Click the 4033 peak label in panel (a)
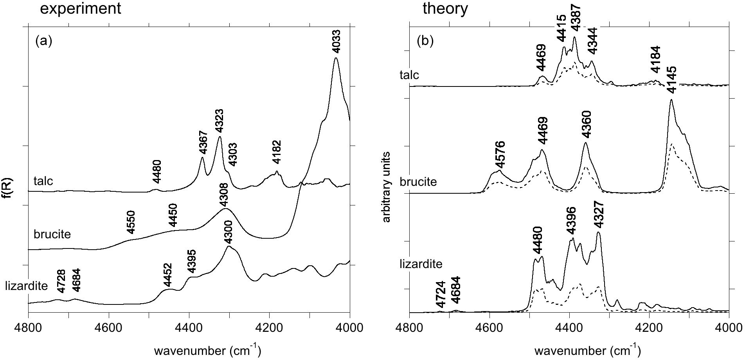(336, 41)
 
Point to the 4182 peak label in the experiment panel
(276, 153)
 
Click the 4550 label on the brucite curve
(131, 222)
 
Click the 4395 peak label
(191, 261)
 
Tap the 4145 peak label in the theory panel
(672, 80)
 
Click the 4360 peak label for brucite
(586, 124)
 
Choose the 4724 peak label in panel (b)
(441, 294)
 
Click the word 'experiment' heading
(81, 8)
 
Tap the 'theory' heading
(445, 8)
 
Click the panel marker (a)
(43, 41)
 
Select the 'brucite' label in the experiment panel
(52, 234)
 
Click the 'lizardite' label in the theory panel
(421, 264)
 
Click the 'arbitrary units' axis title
(387, 187)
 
